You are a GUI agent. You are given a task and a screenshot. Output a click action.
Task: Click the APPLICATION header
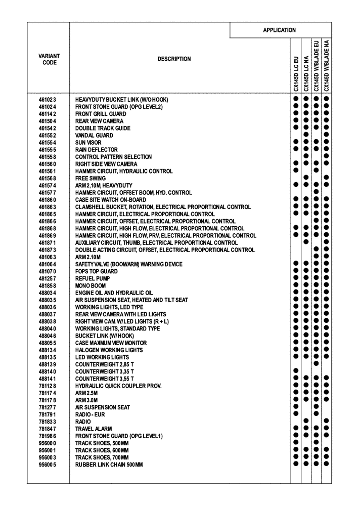click(x=279, y=30)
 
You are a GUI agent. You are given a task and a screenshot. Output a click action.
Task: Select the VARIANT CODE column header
click(x=49, y=59)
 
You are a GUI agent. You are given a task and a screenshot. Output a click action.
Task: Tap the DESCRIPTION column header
click(x=174, y=59)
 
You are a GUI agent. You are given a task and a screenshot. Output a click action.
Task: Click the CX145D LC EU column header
click(x=296, y=74)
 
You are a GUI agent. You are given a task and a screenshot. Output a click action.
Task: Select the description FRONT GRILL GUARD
click(x=101, y=114)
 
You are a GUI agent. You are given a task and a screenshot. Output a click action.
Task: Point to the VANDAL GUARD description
click(x=94, y=136)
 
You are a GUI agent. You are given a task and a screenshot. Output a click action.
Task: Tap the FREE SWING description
click(x=91, y=179)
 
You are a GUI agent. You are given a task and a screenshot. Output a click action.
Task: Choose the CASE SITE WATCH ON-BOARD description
click(x=111, y=200)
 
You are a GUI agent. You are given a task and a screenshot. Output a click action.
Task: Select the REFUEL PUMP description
click(x=93, y=279)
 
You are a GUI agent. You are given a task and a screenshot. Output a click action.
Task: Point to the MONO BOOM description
click(x=91, y=286)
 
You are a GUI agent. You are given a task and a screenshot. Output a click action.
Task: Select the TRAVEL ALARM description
click(x=94, y=429)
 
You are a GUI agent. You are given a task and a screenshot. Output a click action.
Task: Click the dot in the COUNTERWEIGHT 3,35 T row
click(x=296, y=371)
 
